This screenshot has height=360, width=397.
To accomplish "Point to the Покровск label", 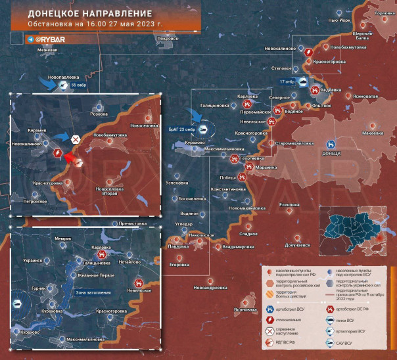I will pos(168,39).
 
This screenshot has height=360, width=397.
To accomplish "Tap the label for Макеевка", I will pos(373,133).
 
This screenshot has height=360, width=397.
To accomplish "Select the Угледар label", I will pos(183,224).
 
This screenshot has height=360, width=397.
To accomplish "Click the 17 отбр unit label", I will pos(287,81).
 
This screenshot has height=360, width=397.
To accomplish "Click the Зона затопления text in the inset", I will pos(92,292).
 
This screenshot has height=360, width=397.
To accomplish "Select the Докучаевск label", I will pos(297,245).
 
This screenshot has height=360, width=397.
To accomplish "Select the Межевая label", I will pos(47,51).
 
